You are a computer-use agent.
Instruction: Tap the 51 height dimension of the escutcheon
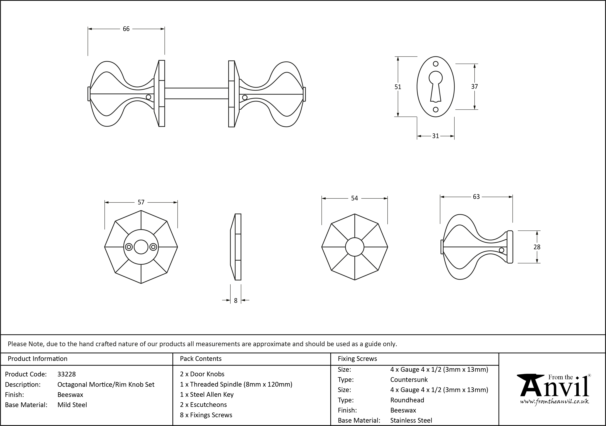pyautogui.click(x=398, y=87)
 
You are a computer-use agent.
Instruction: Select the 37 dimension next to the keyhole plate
pyautogui.click(x=474, y=87)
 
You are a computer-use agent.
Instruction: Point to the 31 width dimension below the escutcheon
pyautogui.click(x=436, y=136)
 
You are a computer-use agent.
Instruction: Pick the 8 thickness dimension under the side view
pyautogui.click(x=236, y=300)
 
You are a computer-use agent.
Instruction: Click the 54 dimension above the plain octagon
pyautogui.click(x=354, y=198)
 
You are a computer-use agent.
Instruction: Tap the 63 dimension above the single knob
pyautogui.click(x=476, y=197)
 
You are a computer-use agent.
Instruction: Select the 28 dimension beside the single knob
pyautogui.click(x=537, y=247)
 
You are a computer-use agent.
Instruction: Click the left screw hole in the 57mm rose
pyautogui.click(x=129, y=247)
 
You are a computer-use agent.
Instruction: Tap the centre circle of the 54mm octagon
pyautogui.click(x=354, y=247)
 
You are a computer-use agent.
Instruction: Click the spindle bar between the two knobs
pyautogui.click(x=196, y=93)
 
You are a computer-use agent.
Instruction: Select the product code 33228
pyautogui.click(x=67, y=374)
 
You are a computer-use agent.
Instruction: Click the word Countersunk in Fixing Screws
pyautogui.click(x=409, y=380)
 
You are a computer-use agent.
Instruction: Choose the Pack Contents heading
pyautogui.click(x=201, y=359)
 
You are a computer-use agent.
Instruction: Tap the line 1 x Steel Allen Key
pyautogui.click(x=207, y=395)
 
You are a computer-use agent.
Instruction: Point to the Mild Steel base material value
pyautogui.click(x=72, y=405)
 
